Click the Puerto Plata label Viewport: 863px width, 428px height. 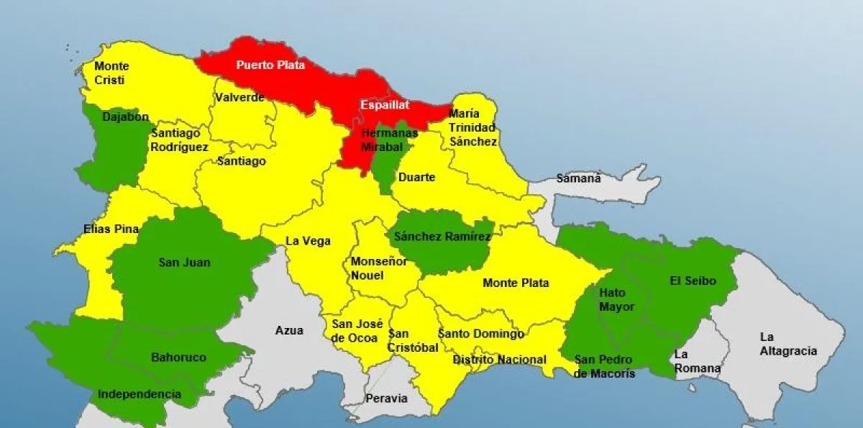(270, 65)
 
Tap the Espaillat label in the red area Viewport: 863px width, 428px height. (385, 105)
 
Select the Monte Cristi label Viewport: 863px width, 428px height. (111, 73)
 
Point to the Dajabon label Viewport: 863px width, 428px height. (125, 117)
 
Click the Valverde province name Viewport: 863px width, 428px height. (239, 98)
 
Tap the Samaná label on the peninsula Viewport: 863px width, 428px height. (578, 178)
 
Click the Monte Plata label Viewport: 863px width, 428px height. (516, 283)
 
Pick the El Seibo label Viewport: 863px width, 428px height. (693, 281)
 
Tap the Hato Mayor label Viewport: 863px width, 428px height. (616, 300)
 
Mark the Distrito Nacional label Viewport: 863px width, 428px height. (499, 360)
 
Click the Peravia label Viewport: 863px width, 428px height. (386, 398)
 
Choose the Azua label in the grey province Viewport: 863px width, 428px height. (289, 331)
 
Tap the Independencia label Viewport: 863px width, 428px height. (139, 394)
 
